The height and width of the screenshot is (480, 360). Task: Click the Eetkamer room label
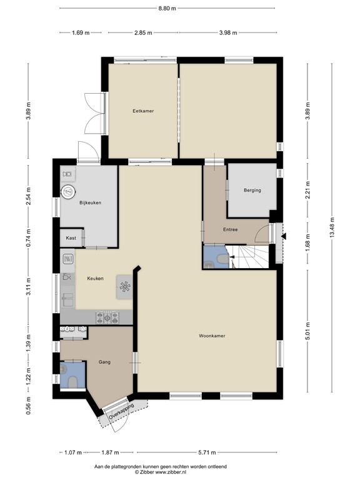[x=143, y=111]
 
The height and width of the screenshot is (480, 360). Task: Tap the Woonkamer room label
[x=212, y=336]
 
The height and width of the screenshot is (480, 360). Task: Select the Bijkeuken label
[x=90, y=202]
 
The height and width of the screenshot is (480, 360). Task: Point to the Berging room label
[x=252, y=190]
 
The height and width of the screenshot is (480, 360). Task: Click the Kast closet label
[x=71, y=238]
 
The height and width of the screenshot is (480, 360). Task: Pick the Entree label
[x=230, y=229]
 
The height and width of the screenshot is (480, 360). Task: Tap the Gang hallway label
[x=104, y=362]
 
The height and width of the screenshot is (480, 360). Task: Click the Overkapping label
[x=121, y=412]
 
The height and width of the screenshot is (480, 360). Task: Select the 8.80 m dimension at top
[x=167, y=8]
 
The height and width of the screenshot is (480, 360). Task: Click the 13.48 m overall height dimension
[x=332, y=227]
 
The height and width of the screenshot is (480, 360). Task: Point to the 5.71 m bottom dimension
[x=207, y=452]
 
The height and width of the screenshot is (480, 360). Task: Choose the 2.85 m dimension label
[x=143, y=32]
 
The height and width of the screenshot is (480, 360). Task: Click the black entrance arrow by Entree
[x=284, y=236]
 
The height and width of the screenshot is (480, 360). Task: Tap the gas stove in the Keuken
[x=107, y=317]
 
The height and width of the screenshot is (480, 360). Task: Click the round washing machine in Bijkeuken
[x=68, y=192]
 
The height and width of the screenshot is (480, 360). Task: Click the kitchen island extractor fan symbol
[x=125, y=287]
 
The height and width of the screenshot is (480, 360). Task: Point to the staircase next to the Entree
[x=249, y=256]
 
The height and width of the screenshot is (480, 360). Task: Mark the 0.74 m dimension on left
[x=29, y=238]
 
